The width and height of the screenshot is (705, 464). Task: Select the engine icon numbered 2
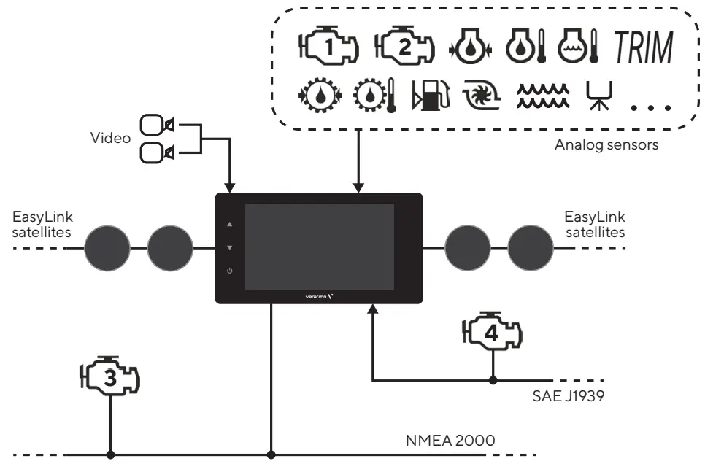coord(403,47)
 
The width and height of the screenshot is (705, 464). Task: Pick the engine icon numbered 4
coord(493,333)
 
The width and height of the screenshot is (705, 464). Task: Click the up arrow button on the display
coord(230,225)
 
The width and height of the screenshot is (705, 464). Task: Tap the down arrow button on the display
coord(230,248)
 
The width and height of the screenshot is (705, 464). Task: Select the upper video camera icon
coord(156,125)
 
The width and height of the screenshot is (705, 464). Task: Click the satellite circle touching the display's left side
coord(169,248)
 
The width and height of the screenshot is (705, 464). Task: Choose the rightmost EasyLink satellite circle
coord(531,248)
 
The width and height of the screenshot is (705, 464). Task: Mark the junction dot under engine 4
coord(493,380)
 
